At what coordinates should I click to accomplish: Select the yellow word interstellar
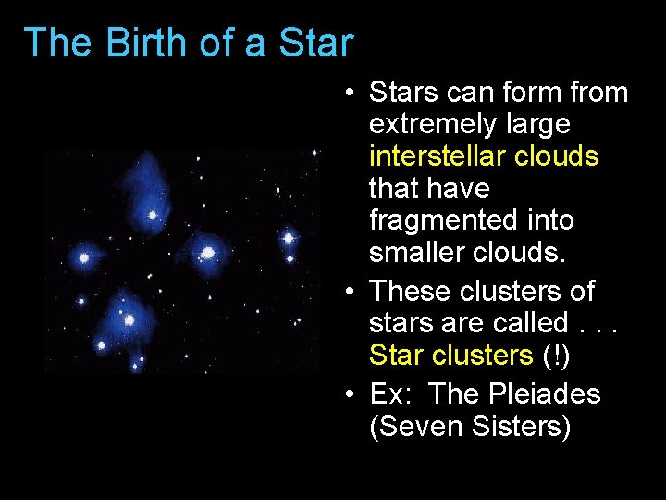pos(438,156)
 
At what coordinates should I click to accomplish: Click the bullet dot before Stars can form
pos(344,94)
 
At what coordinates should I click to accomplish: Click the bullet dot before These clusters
pos(344,293)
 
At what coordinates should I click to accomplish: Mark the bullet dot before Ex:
pos(344,395)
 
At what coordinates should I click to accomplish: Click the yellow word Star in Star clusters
pos(398,355)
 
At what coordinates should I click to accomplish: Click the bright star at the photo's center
pos(208,252)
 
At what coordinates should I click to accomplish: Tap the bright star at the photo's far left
pos(84,257)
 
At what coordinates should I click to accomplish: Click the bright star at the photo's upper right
pos(289,239)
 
